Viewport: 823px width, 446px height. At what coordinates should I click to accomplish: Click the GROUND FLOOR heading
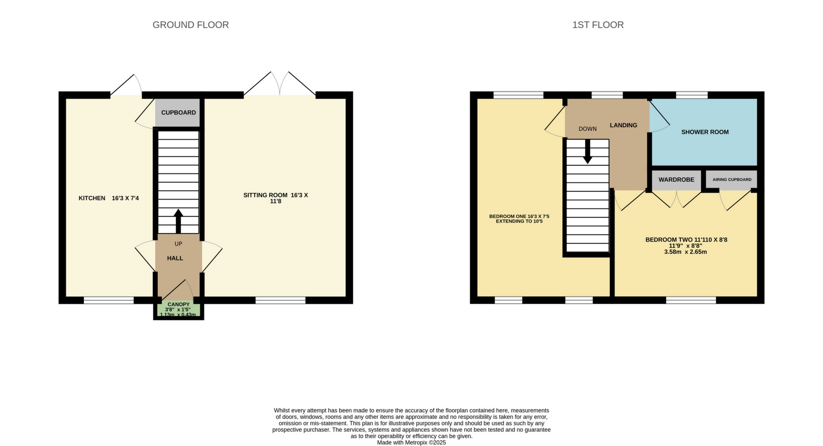pyautogui.click(x=191, y=25)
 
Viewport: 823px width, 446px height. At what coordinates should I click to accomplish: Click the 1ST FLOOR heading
pyautogui.click(x=598, y=25)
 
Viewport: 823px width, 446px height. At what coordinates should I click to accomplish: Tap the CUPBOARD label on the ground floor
pyautogui.click(x=178, y=113)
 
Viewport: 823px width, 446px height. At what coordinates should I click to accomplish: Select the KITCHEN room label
pyautogui.click(x=92, y=198)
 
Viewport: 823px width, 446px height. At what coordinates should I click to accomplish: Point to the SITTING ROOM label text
pyautogui.click(x=276, y=198)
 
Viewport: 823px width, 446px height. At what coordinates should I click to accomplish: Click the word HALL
pyautogui.click(x=175, y=258)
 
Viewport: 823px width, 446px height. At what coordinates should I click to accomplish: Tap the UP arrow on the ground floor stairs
pyautogui.click(x=178, y=221)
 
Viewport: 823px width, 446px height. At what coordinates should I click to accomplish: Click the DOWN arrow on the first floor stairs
pyautogui.click(x=587, y=152)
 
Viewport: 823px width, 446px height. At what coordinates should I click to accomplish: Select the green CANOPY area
pyautogui.click(x=178, y=310)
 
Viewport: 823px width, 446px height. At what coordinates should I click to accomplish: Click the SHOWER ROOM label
pyautogui.click(x=705, y=132)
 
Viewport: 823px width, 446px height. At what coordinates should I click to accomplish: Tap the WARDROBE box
pyautogui.click(x=676, y=180)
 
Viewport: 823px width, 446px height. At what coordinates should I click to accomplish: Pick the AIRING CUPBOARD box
pyautogui.click(x=732, y=180)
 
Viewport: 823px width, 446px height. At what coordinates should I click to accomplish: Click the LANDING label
pyautogui.click(x=623, y=125)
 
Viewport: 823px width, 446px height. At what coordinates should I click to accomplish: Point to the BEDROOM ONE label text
pyautogui.click(x=519, y=219)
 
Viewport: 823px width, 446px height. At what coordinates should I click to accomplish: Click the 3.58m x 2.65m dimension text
pyautogui.click(x=685, y=252)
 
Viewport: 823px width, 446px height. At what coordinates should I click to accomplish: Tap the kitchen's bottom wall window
pyautogui.click(x=109, y=300)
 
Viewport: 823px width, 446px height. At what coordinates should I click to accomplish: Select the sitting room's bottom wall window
pyautogui.click(x=280, y=300)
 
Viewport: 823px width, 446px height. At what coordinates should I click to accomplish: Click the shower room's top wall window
pyautogui.click(x=691, y=95)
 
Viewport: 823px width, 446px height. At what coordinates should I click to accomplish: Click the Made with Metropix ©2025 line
pyautogui.click(x=411, y=442)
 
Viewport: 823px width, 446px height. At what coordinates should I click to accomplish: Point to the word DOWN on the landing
pyautogui.click(x=587, y=129)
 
